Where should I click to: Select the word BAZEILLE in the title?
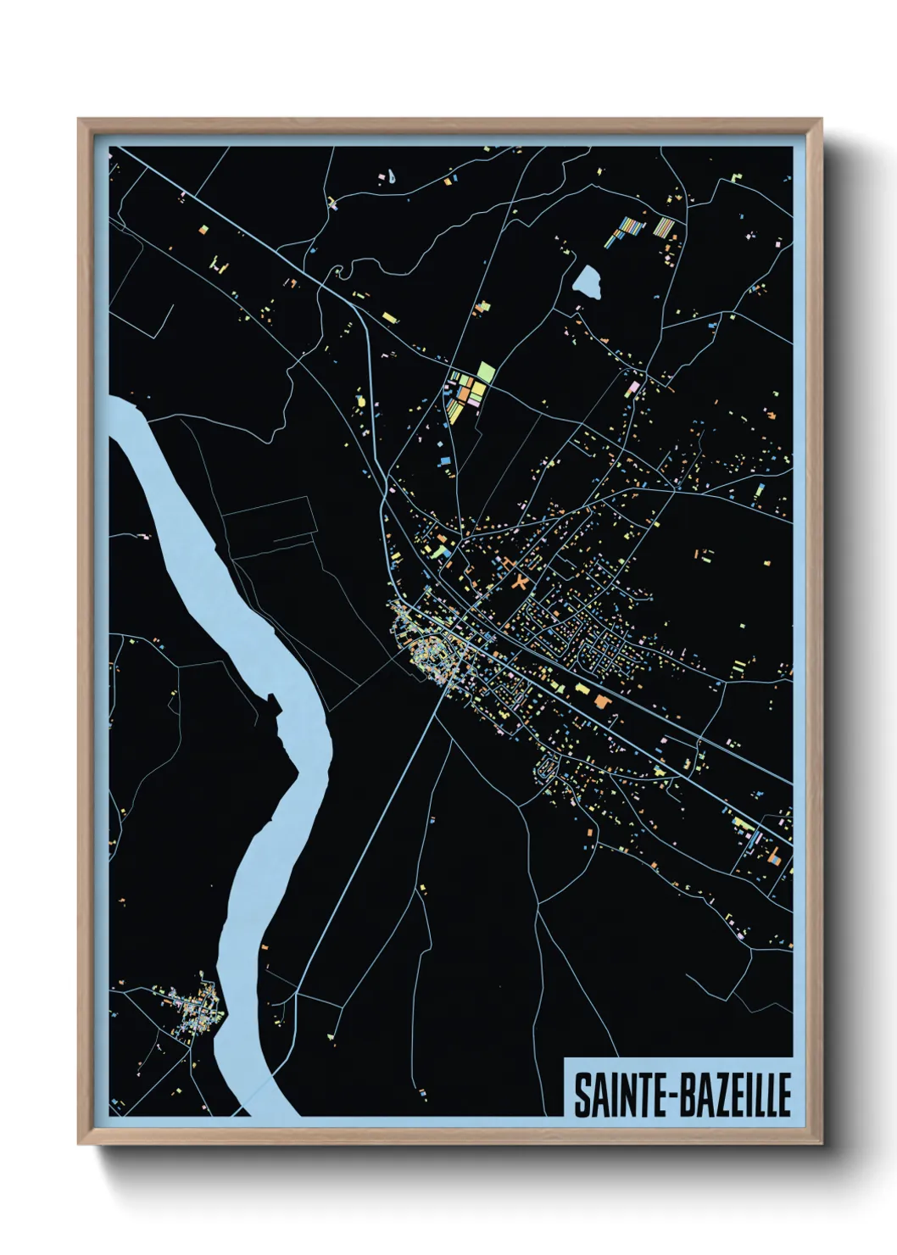(x=733, y=1096)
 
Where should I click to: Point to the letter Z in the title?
(x=710, y=1096)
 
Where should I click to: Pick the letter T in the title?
(x=635, y=1096)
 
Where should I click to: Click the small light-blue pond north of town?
(x=587, y=282)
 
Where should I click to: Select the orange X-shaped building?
(x=520, y=583)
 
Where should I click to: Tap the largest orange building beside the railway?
(x=601, y=700)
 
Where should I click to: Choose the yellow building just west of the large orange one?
(x=582, y=689)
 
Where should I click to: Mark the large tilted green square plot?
(x=485, y=371)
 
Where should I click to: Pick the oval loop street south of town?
(x=545, y=770)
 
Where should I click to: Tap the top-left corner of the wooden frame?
(x=80, y=120)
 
